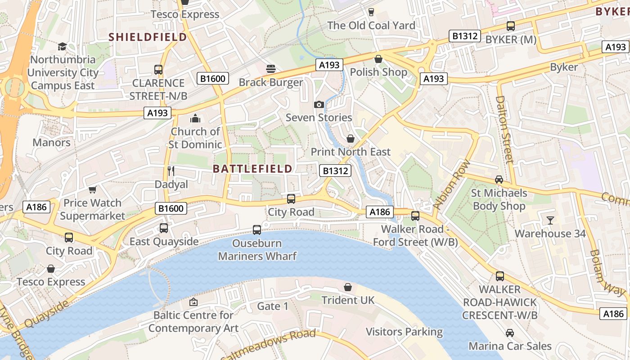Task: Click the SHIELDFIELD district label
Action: pos(148,37)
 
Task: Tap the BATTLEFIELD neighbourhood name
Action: pos(252,169)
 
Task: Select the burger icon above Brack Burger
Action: pos(271,69)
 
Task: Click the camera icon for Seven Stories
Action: pos(319,104)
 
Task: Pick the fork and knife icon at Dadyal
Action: pos(171,171)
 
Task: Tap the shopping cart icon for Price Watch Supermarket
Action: pos(93,189)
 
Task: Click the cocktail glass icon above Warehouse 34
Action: pos(550,220)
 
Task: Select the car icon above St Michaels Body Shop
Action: pos(499,180)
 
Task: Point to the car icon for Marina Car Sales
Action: pos(510,333)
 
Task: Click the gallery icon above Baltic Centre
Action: pos(193,301)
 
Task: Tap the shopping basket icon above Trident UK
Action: pos(348,287)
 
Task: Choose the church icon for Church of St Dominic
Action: pos(195,118)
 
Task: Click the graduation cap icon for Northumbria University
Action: pos(62,46)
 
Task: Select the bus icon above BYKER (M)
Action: pos(510,26)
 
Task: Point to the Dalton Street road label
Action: pos(505,130)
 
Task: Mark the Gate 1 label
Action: pos(272,306)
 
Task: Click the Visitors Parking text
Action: pos(404,332)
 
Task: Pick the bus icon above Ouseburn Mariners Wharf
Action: pos(257,229)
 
